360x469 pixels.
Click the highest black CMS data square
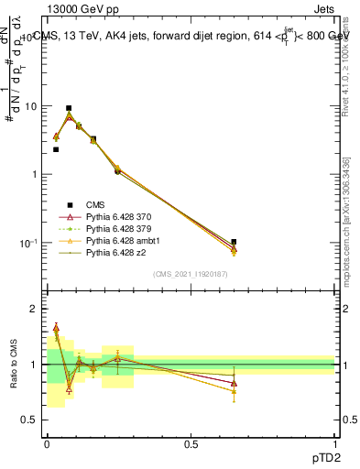tap(69, 108)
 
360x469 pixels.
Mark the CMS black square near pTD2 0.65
tap(234, 242)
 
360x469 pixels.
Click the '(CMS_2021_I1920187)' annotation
tap(191, 274)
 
